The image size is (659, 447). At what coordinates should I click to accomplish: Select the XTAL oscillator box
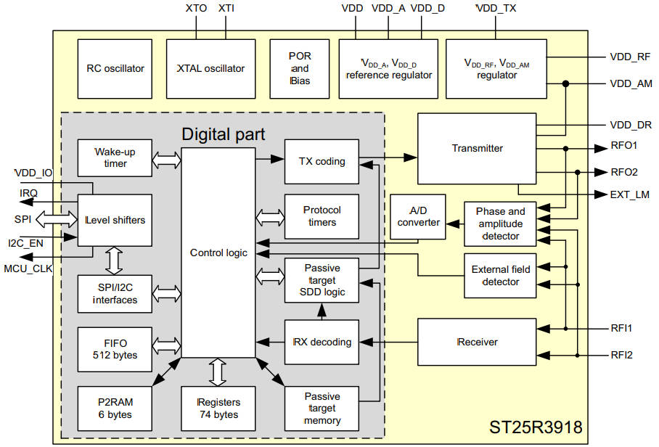tap(211, 69)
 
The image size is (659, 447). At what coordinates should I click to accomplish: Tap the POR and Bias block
tap(300, 69)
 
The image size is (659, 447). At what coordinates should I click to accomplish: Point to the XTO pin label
tap(196, 9)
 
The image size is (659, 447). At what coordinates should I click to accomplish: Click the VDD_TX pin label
tap(496, 9)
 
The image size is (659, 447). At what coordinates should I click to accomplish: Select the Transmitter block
tap(477, 148)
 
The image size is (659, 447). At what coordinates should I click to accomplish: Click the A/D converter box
tap(419, 216)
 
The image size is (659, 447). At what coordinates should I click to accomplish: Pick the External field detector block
tap(501, 275)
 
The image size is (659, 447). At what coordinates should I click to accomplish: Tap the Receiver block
tap(477, 341)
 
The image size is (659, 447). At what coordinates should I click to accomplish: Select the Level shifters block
tap(115, 220)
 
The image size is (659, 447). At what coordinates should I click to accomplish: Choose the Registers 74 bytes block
tap(218, 409)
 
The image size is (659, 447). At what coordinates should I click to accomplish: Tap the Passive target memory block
tap(322, 409)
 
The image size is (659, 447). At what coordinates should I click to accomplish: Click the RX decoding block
tap(322, 342)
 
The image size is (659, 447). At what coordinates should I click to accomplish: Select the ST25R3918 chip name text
tap(536, 427)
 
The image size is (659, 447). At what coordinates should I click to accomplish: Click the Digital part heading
tap(223, 134)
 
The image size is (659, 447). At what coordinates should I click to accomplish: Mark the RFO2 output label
tap(625, 172)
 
